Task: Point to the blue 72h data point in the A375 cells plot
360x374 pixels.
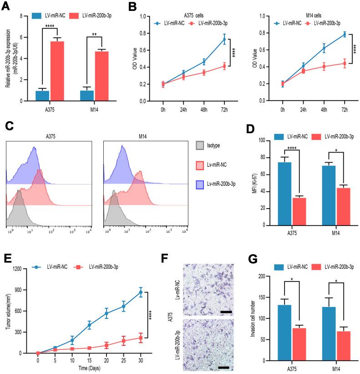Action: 224,39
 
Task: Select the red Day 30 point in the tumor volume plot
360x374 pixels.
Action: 141,338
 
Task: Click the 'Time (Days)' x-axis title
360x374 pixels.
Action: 89,367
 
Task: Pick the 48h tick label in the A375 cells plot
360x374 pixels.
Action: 204,110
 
